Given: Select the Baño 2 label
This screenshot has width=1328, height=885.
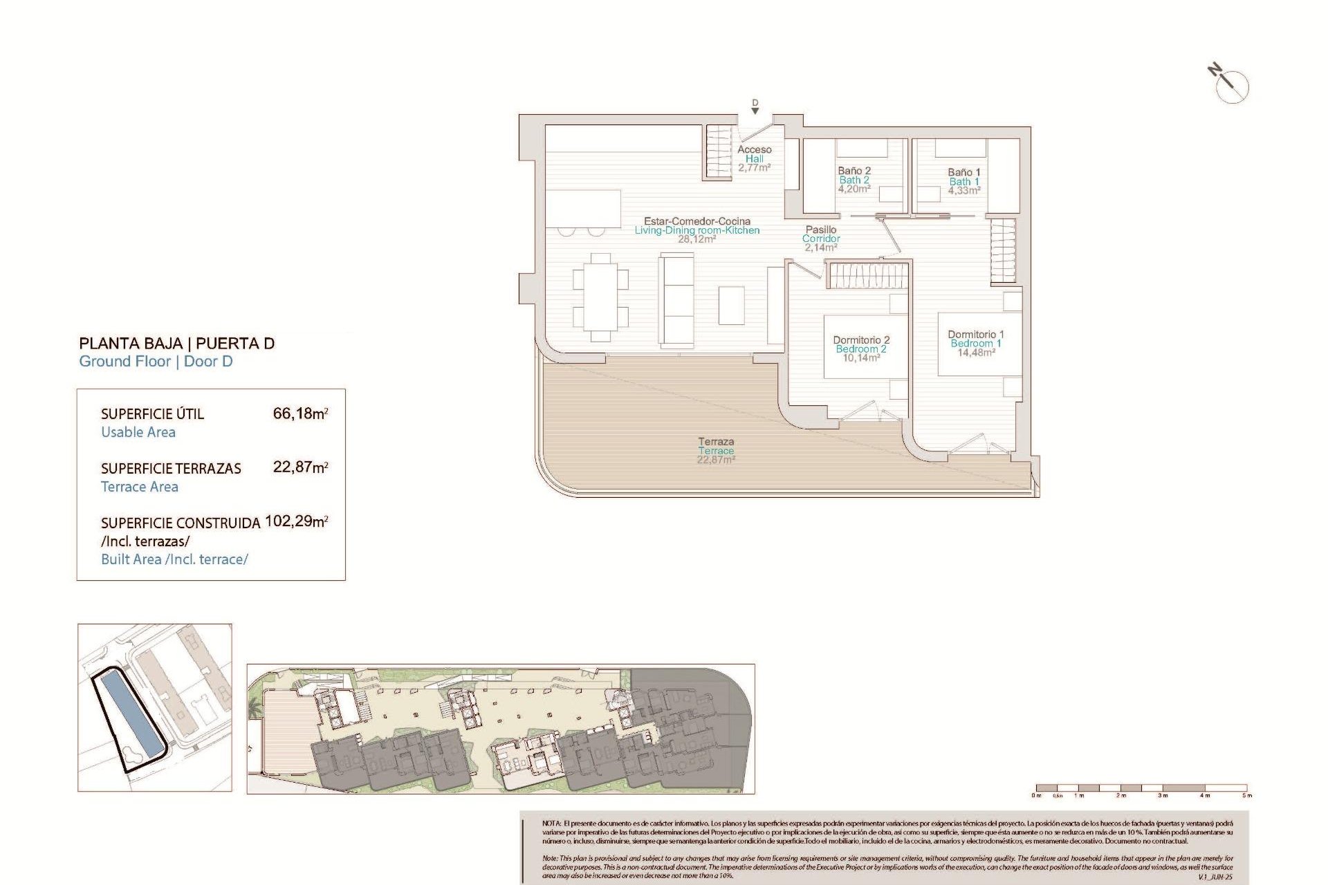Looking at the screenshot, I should (x=854, y=171).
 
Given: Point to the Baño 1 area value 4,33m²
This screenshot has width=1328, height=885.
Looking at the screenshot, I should (x=963, y=191).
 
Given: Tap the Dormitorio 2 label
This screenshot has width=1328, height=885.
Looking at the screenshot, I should (x=861, y=340).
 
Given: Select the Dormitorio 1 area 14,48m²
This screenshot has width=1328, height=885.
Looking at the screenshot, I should (x=976, y=353).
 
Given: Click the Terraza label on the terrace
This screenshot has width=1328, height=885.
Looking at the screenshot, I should (x=716, y=441).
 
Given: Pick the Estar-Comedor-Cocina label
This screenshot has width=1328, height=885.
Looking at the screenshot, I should (x=697, y=221).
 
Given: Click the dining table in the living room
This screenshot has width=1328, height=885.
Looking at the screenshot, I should (x=600, y=297).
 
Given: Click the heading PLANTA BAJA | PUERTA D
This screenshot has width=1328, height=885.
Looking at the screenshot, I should (x=177, y=344).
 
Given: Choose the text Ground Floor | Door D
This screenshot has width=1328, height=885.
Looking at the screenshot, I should (x=156, y=362).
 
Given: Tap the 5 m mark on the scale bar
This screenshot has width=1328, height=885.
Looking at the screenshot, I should (x=1246, y=795).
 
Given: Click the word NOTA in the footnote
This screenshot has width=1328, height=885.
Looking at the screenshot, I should (x=551, y=823).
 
